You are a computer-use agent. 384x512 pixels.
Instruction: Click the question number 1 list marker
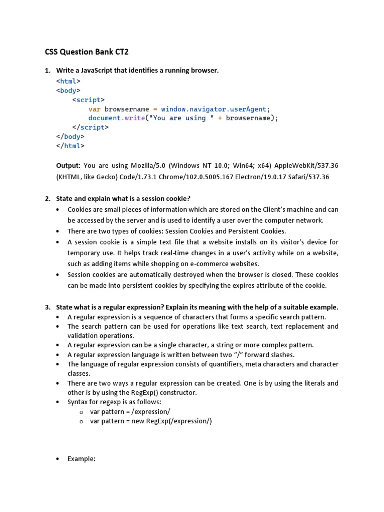pos(47,71)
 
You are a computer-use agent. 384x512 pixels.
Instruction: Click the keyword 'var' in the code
pos(94,109)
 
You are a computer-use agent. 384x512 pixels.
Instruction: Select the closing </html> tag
pos(70,146)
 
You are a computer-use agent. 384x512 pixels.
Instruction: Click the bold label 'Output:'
pos(68,165)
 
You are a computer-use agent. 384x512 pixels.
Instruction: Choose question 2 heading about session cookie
pos(123,199)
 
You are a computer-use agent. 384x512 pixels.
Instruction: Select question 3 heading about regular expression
pos(197,307)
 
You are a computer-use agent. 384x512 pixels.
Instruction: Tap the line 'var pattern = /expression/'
pos(130,412)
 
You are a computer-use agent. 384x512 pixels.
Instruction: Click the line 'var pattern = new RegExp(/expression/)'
pos(151,421)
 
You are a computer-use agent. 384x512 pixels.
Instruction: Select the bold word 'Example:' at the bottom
pos(81,459)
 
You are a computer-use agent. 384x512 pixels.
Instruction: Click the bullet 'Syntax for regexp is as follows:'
pos(114,402)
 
